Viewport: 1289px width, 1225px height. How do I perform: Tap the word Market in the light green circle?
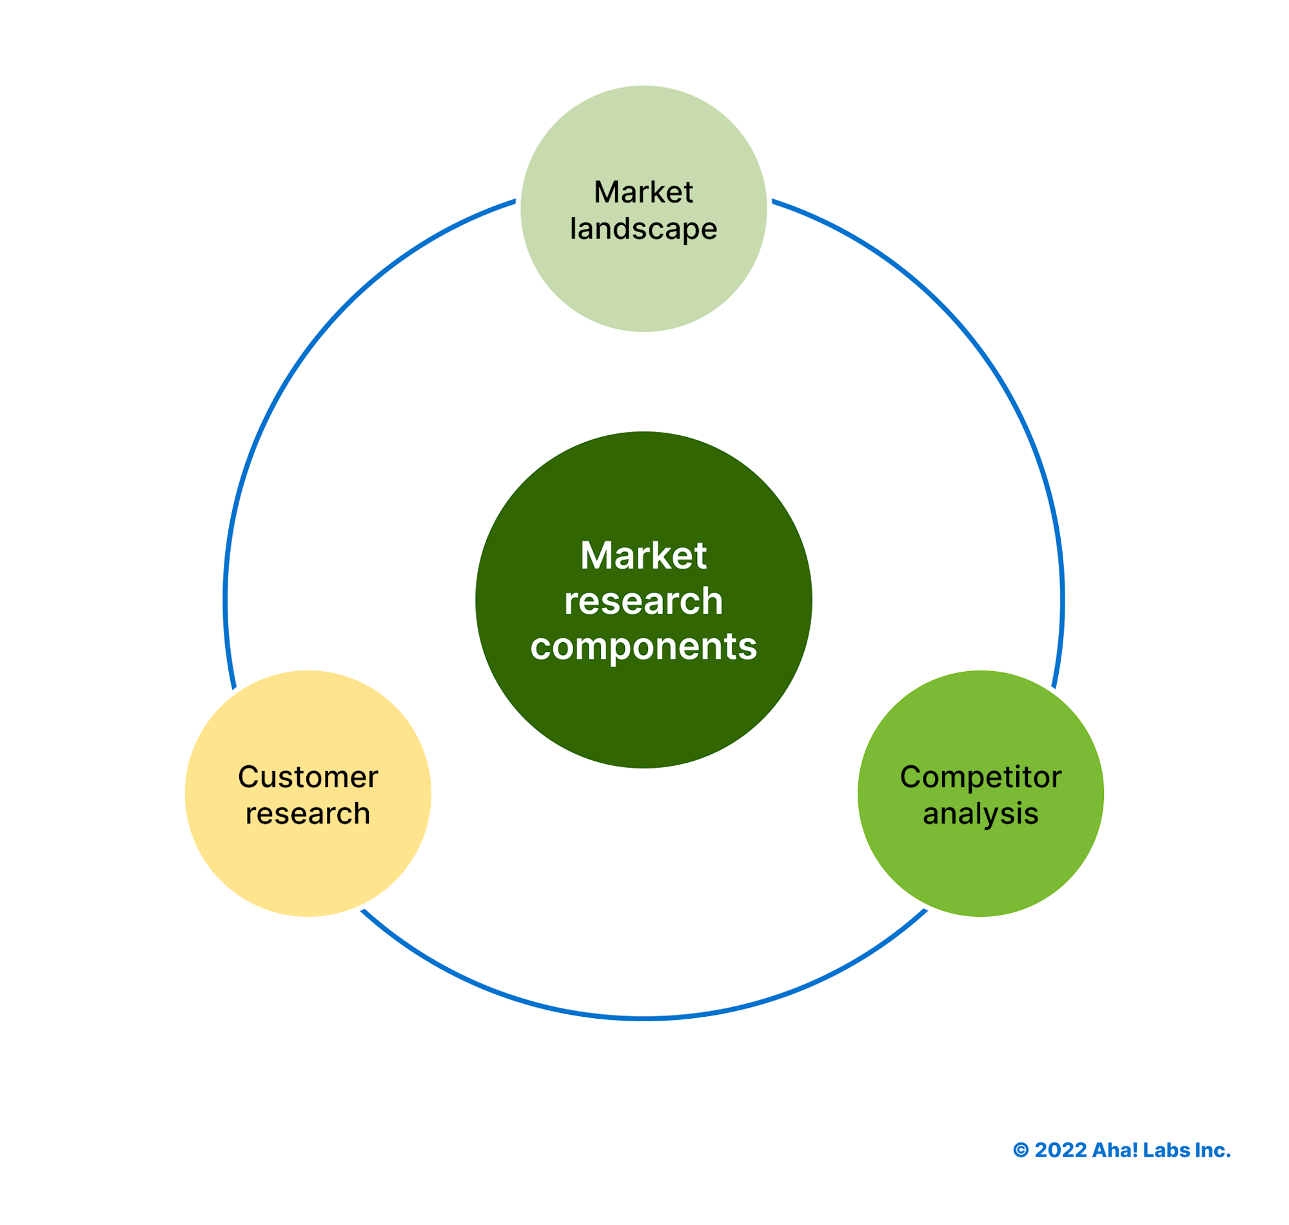[x=644, y=193]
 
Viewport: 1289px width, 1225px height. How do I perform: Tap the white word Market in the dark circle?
[x=644, y=556]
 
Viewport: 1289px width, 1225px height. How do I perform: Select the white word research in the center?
[x=644, y=602]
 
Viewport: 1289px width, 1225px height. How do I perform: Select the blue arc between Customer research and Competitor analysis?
[x=644, y=1019]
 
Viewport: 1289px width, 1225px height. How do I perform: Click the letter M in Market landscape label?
[x=606, y=193]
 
